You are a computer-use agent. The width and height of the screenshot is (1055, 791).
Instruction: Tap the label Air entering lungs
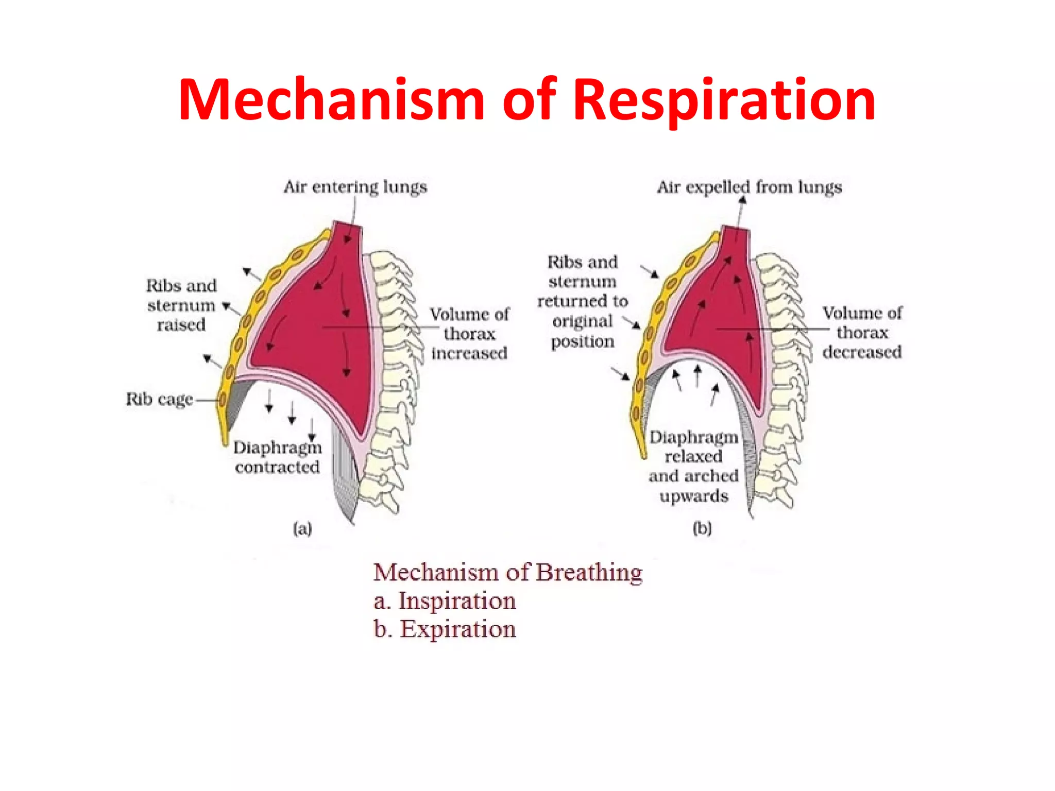[x=355, y=186]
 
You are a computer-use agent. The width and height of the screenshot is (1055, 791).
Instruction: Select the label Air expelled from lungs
[x=749, y=186]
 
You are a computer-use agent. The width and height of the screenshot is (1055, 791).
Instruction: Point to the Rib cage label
[x=159, y=399]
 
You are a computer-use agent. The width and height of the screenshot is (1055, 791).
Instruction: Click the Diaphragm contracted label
[x=277, y=457]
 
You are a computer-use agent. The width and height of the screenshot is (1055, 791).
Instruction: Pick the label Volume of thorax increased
[x=469, y=333]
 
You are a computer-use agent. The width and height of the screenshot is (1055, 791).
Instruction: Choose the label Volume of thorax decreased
[x=862, y=332]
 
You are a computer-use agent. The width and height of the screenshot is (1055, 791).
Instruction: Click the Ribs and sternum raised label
[x=181, y=305]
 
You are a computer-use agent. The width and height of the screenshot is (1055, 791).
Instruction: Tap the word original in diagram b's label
[x=582, y=321]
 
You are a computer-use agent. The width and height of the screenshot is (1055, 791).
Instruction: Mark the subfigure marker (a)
[x=302, y=528]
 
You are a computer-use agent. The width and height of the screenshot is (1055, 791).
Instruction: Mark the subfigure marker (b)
[x=702, y=528]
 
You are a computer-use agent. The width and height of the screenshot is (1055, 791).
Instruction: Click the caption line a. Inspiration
[x=445, y=600]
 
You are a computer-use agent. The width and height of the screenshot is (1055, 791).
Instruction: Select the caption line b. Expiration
[x=445, y=629]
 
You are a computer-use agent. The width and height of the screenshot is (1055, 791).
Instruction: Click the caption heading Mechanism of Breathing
[x=508, y=572]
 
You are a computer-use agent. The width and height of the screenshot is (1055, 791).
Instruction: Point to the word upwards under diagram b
[x=694, y=496]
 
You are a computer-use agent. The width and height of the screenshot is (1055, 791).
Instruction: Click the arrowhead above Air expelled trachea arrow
[x=742, y=200]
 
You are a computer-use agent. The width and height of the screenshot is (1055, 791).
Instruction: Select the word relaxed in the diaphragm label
[x=693, y=456]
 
